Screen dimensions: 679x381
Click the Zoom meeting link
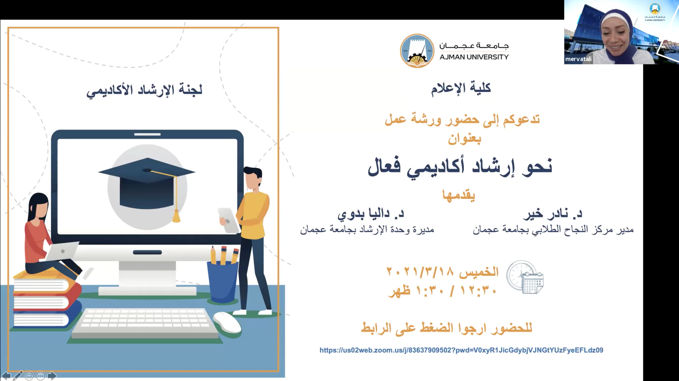(461, 350)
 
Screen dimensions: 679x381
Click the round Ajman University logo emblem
(417, 51)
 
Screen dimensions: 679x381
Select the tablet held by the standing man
(228, 221)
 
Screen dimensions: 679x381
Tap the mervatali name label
(578, 59)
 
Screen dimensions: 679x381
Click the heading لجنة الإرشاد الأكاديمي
(145, 90)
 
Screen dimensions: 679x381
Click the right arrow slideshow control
(52, 376)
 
